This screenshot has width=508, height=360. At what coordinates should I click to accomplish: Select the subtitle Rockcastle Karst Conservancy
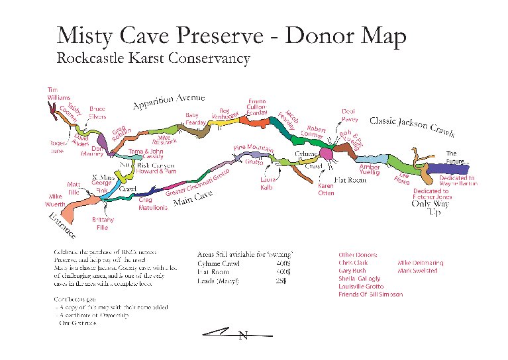[x=153, y=58]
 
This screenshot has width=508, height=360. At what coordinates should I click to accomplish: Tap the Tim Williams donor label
[x=58, y=93]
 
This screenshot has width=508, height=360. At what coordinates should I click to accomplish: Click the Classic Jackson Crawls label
[x=411, y=125]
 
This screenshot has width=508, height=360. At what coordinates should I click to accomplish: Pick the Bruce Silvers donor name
[x=97, y=112]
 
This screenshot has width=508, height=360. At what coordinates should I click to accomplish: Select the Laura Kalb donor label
[x=267, y=183]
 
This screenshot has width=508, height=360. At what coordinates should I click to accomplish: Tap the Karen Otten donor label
[x=326, y=190]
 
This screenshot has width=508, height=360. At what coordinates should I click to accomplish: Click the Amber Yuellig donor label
[x=369, y=170]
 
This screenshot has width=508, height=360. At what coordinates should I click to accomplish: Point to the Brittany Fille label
[x=103, y=223]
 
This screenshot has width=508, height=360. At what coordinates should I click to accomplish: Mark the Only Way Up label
[x=431, y=208]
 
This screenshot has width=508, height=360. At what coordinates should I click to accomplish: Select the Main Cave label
[x=193, y=198]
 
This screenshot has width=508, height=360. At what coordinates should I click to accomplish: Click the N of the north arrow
[x=242, y=336]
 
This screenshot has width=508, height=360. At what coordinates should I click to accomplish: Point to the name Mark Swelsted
[x=421, y=271]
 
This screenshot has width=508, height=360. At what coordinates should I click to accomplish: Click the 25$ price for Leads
[x=281, y=280]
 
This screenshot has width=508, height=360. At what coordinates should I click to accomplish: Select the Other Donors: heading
[x=358, y=255]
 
